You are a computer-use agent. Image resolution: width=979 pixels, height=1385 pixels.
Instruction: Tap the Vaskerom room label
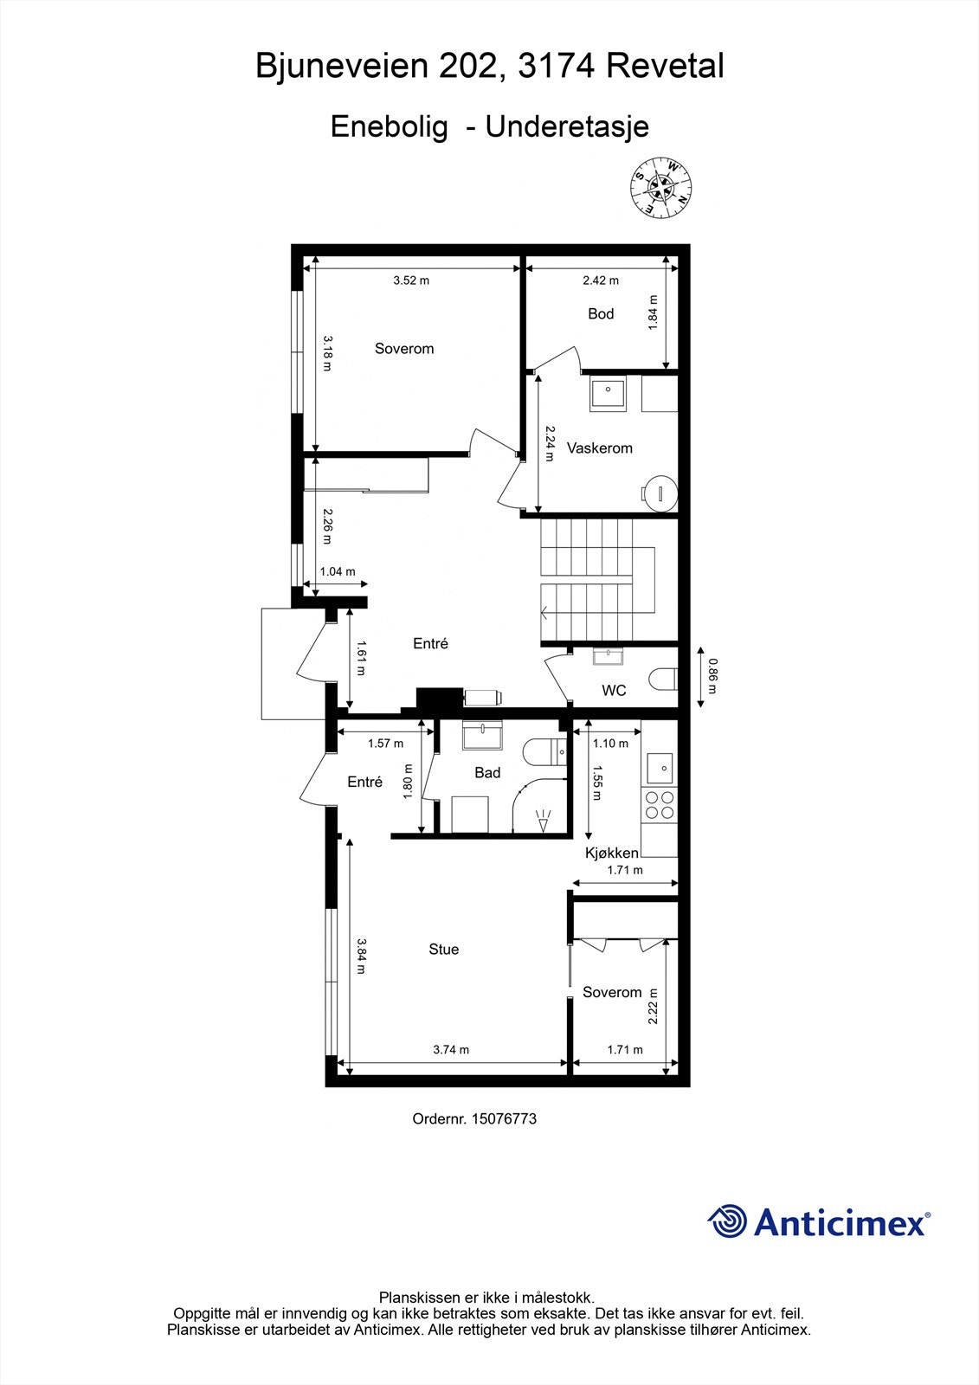(x=599, y=448)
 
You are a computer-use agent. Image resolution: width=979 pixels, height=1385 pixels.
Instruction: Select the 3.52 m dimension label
(x=411, y=280)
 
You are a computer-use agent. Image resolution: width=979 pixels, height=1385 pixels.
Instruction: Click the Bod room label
(x=601, y=313)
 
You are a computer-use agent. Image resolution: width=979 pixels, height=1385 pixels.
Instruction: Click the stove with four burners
(x=658, y=805)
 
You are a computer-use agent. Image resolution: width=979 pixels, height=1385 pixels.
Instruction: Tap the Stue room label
(x=443, y=950)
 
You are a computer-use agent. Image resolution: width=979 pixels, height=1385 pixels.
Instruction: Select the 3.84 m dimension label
(x=361, y=957)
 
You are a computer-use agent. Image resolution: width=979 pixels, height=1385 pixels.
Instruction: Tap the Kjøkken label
(x=612, y=854)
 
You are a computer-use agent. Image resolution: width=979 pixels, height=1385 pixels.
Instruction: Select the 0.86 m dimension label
(x=712, y=677)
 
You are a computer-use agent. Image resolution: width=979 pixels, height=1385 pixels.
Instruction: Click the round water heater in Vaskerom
(x=660, y=492)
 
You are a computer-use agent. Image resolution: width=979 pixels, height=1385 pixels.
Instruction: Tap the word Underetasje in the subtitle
(x=567, y=127)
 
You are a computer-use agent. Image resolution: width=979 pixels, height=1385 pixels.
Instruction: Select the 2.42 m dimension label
(x=600, y=280)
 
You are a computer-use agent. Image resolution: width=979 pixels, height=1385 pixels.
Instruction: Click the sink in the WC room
(x=610, y=656)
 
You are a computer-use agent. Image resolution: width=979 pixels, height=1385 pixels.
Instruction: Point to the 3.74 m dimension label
(x=451, y=1050)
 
